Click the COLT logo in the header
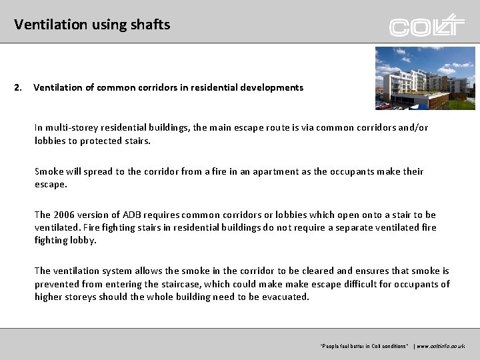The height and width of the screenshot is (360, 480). coord(427,26)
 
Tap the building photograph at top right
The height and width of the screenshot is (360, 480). coord(425,77)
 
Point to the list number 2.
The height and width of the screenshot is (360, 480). coord(18,87)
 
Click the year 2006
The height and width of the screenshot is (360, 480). coord(64,215)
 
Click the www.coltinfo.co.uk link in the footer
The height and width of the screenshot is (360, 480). coord(441,347)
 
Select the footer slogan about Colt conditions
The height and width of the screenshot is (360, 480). coord(365,347)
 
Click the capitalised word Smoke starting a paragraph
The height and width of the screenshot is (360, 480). coord(49,171)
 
